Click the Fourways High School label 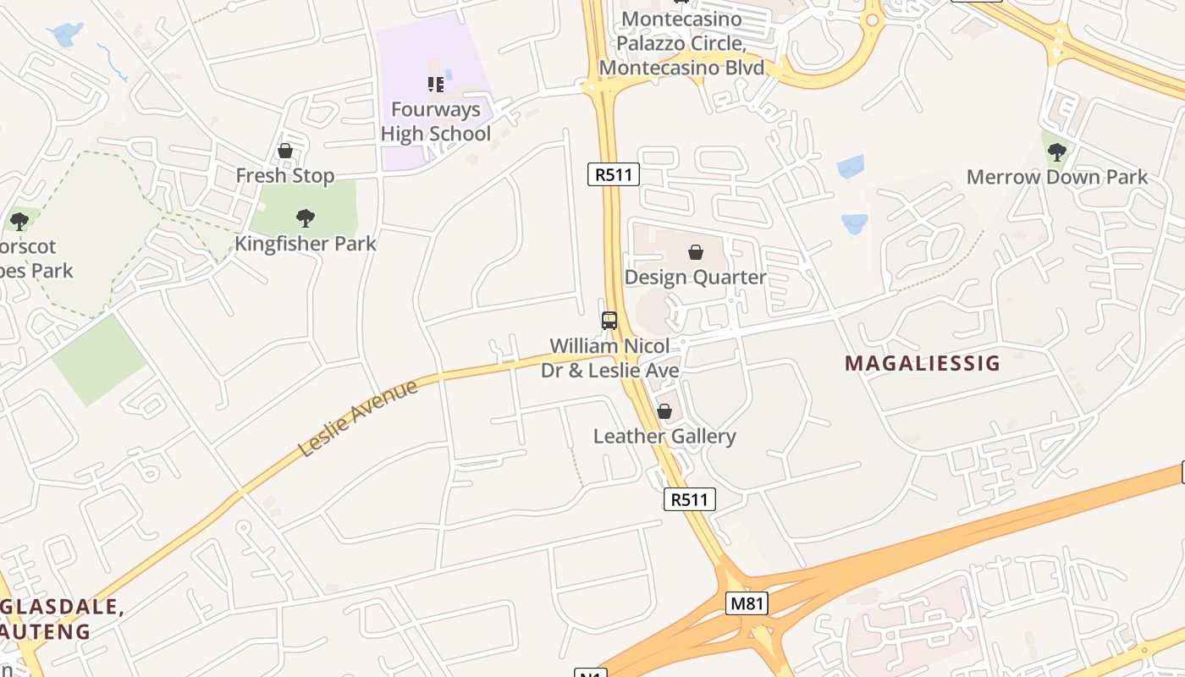435,121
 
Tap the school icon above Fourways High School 436,84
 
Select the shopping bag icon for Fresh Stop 285,151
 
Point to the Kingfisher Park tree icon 306,218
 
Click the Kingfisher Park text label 305,244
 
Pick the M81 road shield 746,603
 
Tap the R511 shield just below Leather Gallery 689,499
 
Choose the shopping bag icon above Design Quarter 696,252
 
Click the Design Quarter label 695,277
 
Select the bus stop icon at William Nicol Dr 609,320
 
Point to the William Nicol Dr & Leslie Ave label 609,358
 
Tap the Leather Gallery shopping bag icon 664,411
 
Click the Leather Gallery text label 664,437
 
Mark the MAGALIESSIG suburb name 923,364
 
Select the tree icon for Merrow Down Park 1056,152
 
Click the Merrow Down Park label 1056,177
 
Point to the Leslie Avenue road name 359,418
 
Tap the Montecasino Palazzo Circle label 681,43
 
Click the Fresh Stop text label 285,176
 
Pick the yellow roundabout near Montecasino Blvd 873,19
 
